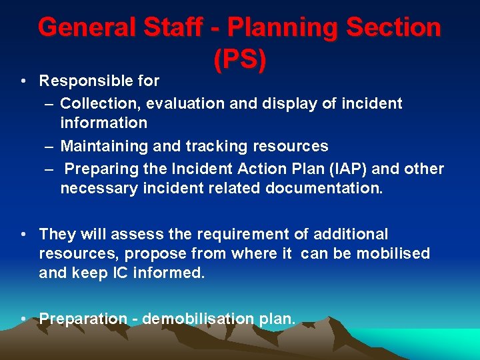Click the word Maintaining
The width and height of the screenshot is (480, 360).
coord(102,146)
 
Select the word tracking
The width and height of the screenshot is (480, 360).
coord(219,146)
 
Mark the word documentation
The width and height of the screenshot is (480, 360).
coord(324,189)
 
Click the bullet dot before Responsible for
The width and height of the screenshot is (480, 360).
coord(23,81)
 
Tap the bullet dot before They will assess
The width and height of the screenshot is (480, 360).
coord(23,234)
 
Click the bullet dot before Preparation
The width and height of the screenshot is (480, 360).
coord(23,319)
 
